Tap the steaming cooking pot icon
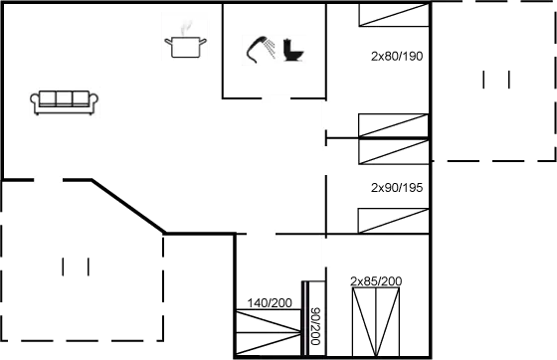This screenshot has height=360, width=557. pos(186,37)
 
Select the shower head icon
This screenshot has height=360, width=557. pos(261,48)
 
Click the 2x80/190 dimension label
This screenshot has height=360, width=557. pos(397,56)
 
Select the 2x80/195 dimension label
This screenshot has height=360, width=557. pos(397,186)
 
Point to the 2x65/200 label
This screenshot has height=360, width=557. pos(376,282)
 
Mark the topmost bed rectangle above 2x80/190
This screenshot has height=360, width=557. pos(394,14)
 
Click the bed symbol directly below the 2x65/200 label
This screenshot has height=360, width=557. pos(376,322)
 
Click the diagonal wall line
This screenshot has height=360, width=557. pos(129,206)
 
